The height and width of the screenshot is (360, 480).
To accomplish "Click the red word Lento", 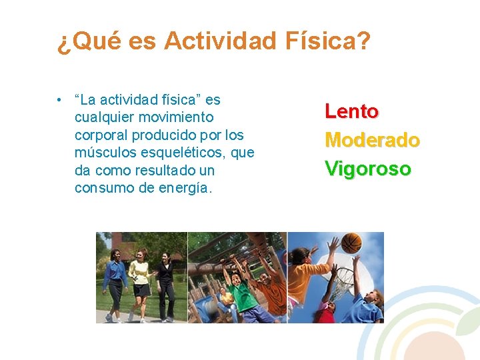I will click(x=351, y=111).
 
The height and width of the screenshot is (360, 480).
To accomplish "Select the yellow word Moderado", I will click(x=372, y=141).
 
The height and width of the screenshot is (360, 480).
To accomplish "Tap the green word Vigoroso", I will click(x=367, y=169).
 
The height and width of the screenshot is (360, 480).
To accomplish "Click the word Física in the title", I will click(x=324, y=41).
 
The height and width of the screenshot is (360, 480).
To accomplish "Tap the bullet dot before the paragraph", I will click(x=60, y=101).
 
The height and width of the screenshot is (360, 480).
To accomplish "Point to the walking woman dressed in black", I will click(x=165, y=283).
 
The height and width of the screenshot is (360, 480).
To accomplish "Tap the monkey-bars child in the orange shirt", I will click(x=270, y=293).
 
